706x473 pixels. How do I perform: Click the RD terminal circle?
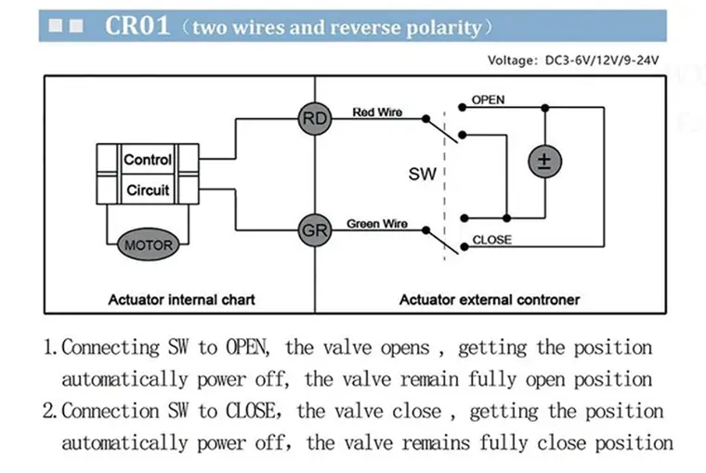click(314, 119)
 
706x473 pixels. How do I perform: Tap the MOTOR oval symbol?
click(148, 245)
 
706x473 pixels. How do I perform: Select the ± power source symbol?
click(544, 162)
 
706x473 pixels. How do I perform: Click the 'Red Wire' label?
click(377, 112)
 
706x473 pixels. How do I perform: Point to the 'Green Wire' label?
click(377, 224)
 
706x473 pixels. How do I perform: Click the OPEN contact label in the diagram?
click(489, 99)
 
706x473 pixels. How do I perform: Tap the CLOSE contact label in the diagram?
click(491, 240)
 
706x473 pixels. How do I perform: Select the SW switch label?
click(422, 174)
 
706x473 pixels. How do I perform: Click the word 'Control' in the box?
click(148, 160)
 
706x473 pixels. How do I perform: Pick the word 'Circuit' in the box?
click(148, 191)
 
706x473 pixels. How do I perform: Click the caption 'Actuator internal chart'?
click(181, 299)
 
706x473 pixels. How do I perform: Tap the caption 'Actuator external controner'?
click(490, 299)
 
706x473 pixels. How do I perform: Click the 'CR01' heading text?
click(137, 25)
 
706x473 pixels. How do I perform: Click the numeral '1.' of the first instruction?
click(52, 348)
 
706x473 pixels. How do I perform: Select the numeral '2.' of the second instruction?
click(52, 412)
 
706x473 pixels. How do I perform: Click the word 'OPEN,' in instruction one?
click(247, 348)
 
